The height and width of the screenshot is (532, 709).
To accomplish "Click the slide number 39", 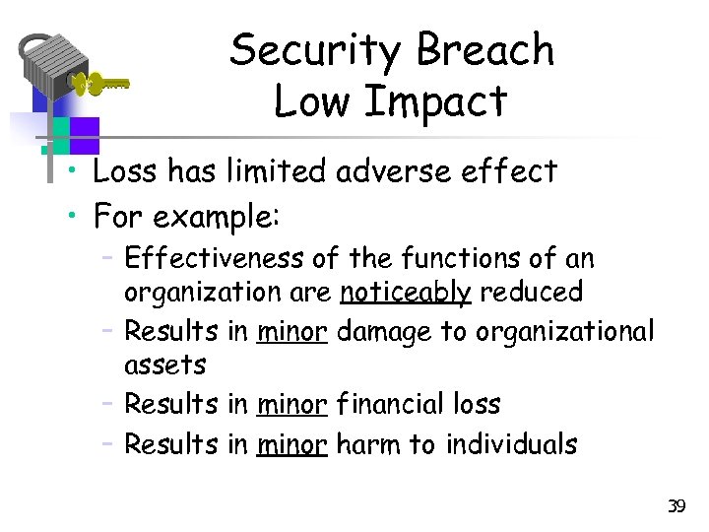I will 676,506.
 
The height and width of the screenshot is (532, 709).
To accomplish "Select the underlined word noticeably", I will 406,292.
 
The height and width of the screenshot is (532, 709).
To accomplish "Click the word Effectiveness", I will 217,259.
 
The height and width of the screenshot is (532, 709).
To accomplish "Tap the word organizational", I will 564,332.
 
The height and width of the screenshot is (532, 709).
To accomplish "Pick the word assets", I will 165,366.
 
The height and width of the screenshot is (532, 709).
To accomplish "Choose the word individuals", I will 511,444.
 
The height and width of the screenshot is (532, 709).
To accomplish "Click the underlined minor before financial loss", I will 291,404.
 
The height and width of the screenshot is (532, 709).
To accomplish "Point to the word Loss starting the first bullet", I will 125,171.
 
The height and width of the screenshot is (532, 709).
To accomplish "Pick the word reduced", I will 532,292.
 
